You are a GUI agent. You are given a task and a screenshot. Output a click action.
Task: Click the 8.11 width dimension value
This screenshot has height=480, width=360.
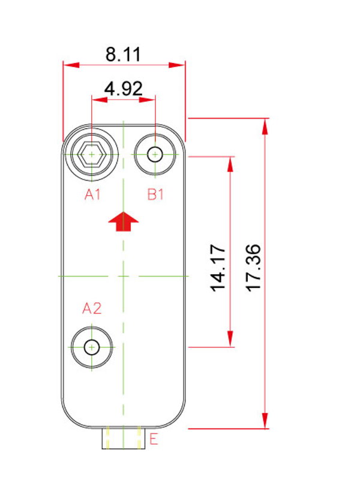(x=123, y=55)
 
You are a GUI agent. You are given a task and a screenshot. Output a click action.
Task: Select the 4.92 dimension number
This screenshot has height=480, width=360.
(x=124, y=88)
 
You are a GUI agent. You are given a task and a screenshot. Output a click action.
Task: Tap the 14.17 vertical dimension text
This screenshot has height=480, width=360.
(x=218, y=268)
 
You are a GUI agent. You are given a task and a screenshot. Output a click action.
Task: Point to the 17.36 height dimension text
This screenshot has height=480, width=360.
(x=254, y=268)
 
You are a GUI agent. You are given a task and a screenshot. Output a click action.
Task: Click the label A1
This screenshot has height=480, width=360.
(x=92, y=194)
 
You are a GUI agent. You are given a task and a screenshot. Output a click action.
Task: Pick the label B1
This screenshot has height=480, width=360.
(x=155, y=194)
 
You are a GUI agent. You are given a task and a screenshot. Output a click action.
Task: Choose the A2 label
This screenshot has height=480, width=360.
(x=92, y=308)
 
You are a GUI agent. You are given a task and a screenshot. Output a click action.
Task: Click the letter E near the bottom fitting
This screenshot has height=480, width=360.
(x=154, y=439)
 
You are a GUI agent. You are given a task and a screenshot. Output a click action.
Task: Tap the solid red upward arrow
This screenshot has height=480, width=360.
(x=124, y=221)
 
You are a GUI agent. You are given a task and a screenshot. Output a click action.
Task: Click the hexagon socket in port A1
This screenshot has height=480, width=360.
(x=92, y=154)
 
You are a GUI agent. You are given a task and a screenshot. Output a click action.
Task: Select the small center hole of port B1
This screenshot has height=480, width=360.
(x=155, y=154)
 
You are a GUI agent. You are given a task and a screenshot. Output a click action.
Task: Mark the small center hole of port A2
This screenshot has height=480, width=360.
(x=92, y=347)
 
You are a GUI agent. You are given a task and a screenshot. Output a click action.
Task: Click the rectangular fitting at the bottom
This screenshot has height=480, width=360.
(x=124, y=439)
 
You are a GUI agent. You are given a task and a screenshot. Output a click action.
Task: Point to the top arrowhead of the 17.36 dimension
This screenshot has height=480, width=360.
(x=265, y=126)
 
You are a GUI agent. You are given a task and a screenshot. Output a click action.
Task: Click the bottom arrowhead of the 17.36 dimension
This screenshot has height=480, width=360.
(x=265, y=421)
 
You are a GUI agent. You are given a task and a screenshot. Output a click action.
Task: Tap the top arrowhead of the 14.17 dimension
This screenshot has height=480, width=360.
(x=230, y=164)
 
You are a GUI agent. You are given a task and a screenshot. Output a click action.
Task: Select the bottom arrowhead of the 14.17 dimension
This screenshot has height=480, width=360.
(x=230, y=339)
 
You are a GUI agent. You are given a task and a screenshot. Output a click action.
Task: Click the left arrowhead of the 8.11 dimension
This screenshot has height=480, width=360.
(x=71, y=65)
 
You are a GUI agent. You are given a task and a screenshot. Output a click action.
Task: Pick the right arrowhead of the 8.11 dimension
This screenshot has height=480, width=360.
(x=177, y=65)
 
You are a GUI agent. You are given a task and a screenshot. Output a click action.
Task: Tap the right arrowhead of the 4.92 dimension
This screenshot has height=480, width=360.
(x=147, y=100)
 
